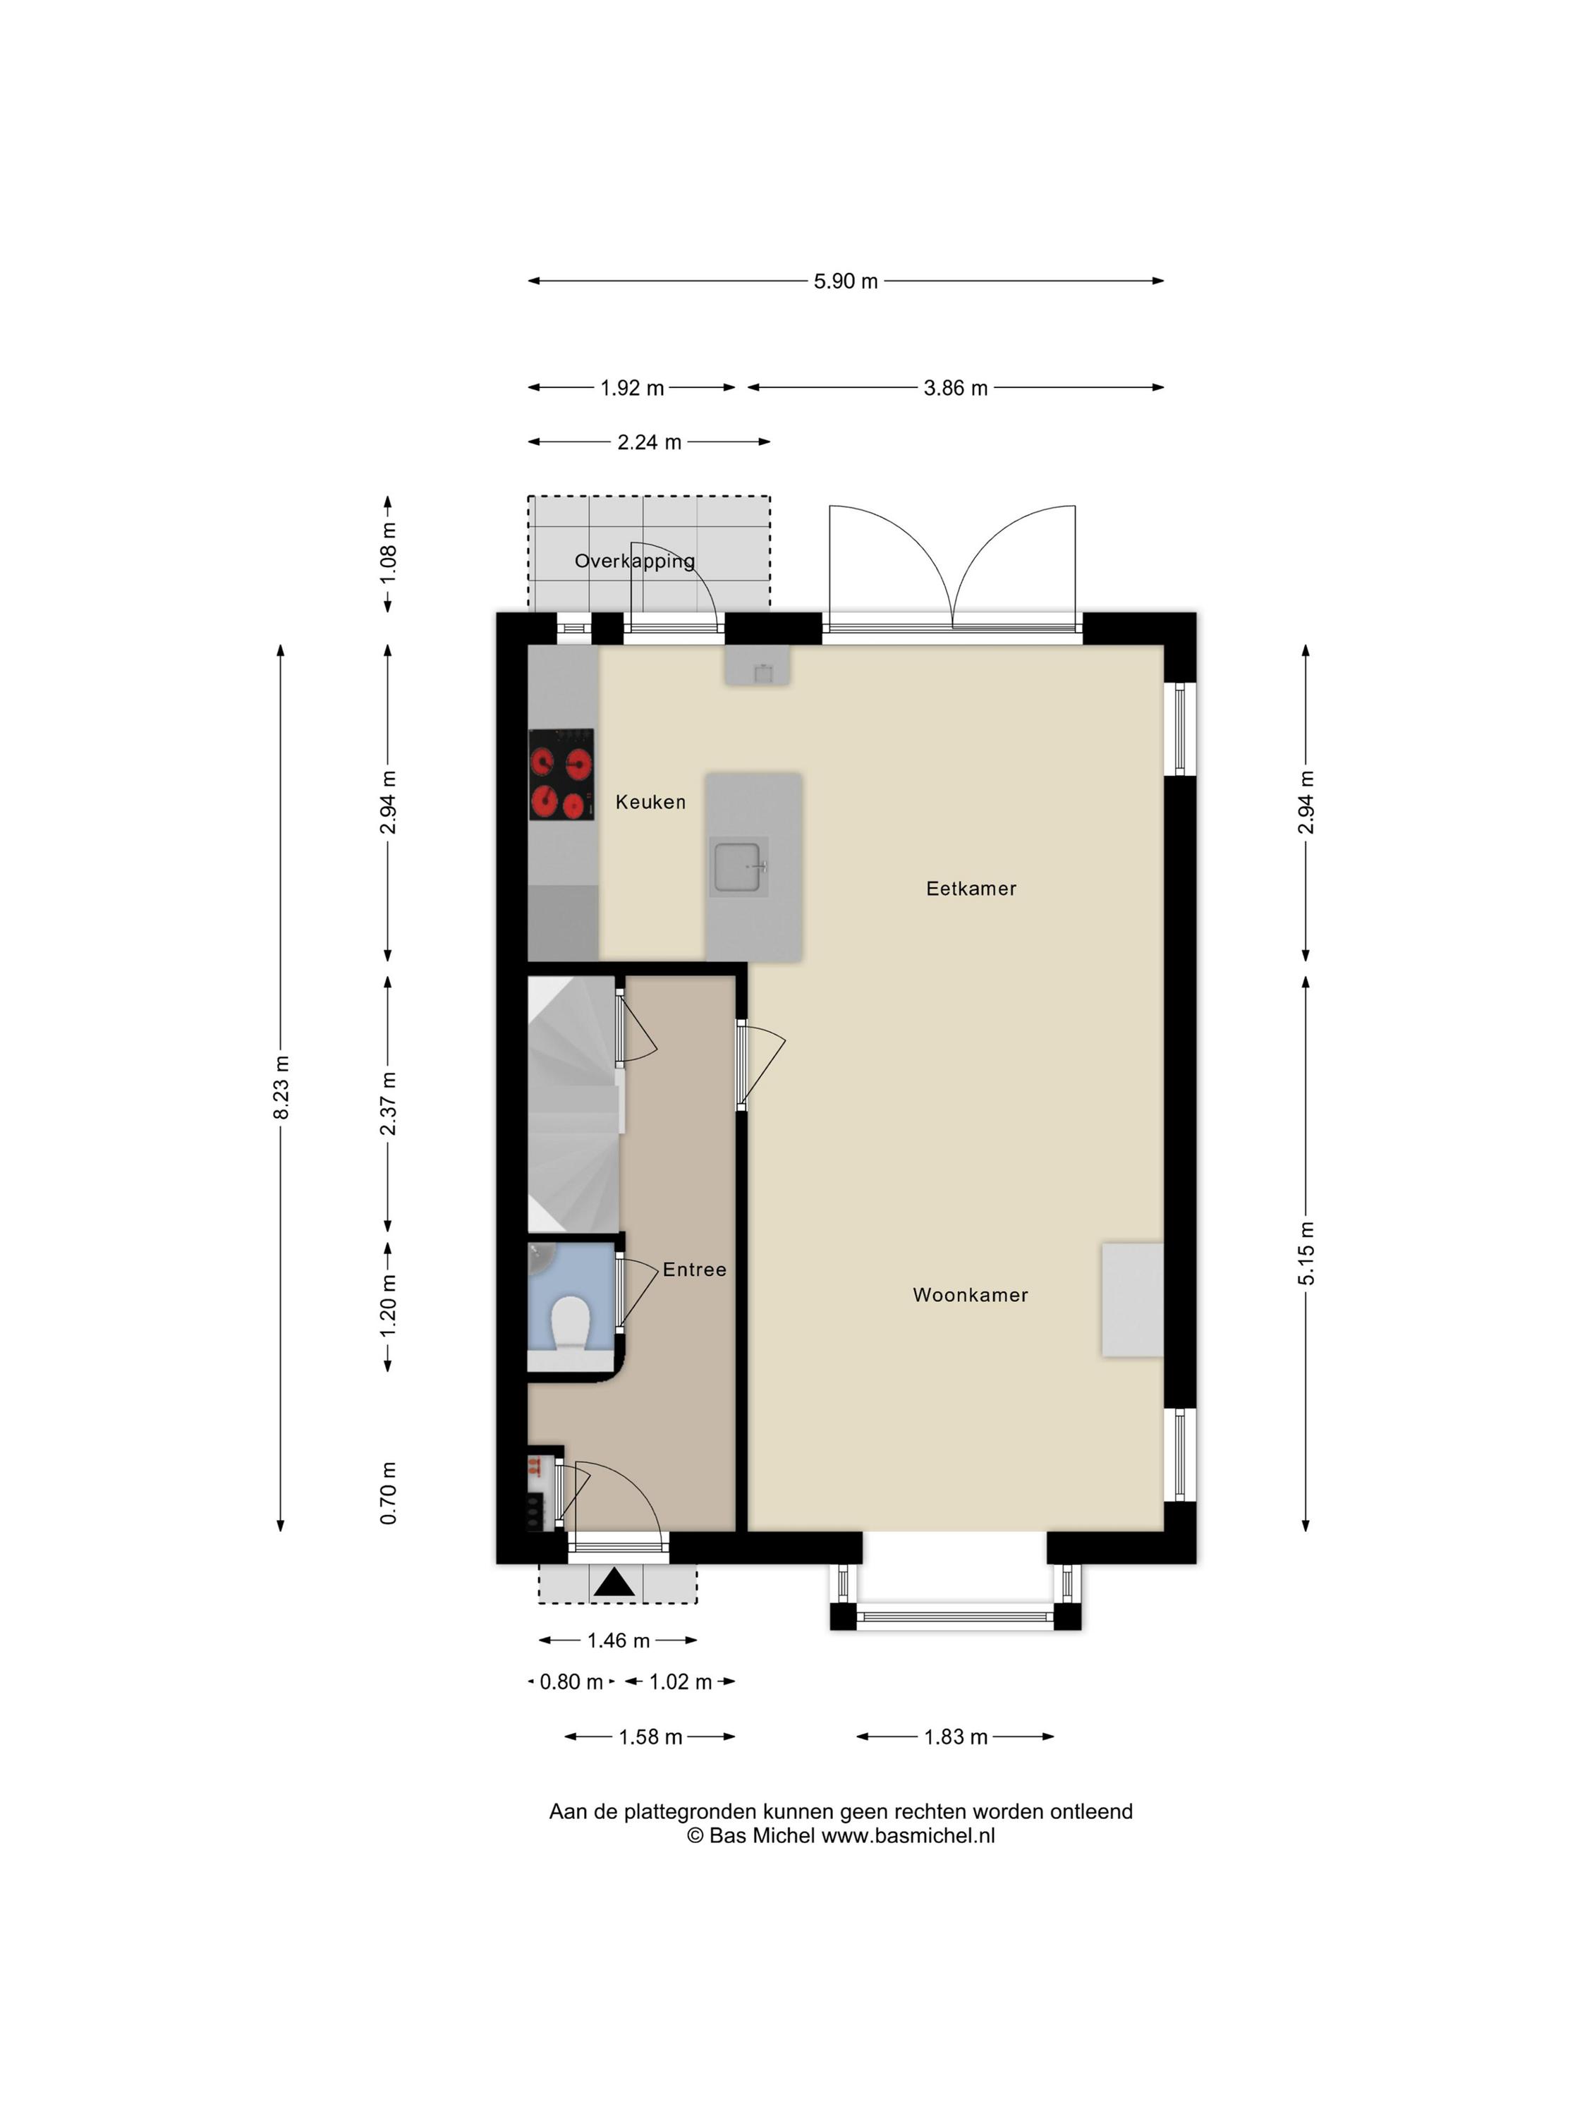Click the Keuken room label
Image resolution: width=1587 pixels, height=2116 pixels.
click(650, 802)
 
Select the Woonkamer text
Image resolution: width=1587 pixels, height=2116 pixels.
click(970, 1294)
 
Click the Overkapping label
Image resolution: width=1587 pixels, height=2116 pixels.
click(634, 561)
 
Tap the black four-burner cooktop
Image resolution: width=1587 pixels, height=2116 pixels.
click(561, 775)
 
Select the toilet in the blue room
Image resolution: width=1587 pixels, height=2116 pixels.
click(570, 1323)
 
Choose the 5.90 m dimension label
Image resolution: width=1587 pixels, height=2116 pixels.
click(846, 281)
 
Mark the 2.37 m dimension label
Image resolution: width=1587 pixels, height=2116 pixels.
click(387, 1103)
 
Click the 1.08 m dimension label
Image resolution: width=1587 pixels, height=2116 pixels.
click(387, 553)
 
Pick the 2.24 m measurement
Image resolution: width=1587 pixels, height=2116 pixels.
click(649, 442)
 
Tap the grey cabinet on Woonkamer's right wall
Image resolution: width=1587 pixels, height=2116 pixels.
click(1133, 1300)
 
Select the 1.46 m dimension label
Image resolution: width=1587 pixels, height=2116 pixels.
click(618, 1641)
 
